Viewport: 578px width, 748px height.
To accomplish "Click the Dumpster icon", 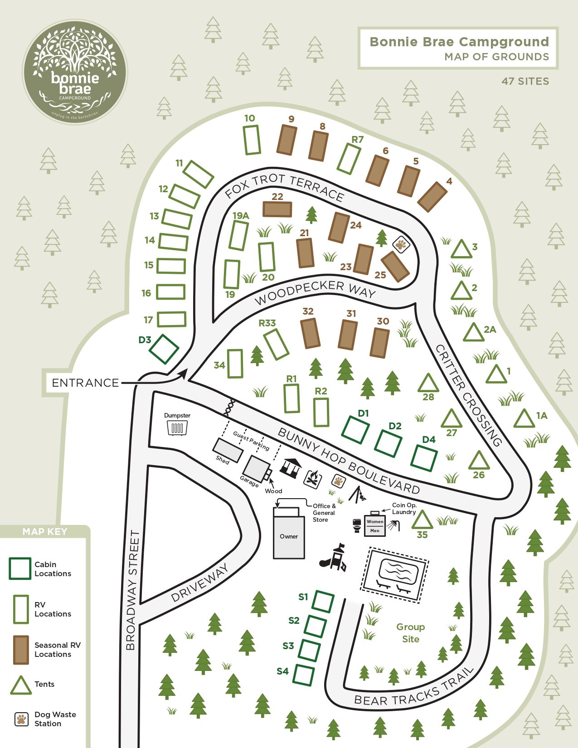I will (x=177, y=427).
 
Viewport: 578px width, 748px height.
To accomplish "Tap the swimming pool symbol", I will (x=395, y=574).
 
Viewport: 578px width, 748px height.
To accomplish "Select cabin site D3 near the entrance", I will (x=164, y=349).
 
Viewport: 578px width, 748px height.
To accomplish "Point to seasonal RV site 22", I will (x=277, y=209).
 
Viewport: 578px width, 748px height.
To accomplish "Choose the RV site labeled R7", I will (x=349, y=158).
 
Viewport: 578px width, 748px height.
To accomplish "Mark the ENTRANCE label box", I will (x=85, y=383).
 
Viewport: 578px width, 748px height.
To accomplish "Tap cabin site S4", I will (x=303, y=675).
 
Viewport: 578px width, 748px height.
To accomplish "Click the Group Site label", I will (x=411, y=633).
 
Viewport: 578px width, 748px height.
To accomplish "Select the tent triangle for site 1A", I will (x=525, y=419).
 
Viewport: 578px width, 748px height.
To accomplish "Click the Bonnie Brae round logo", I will (x=75, y=72).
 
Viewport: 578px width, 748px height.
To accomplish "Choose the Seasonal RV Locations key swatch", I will (x=21, y=650).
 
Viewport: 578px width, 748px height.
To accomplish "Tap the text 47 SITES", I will (x=525, y=82).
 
